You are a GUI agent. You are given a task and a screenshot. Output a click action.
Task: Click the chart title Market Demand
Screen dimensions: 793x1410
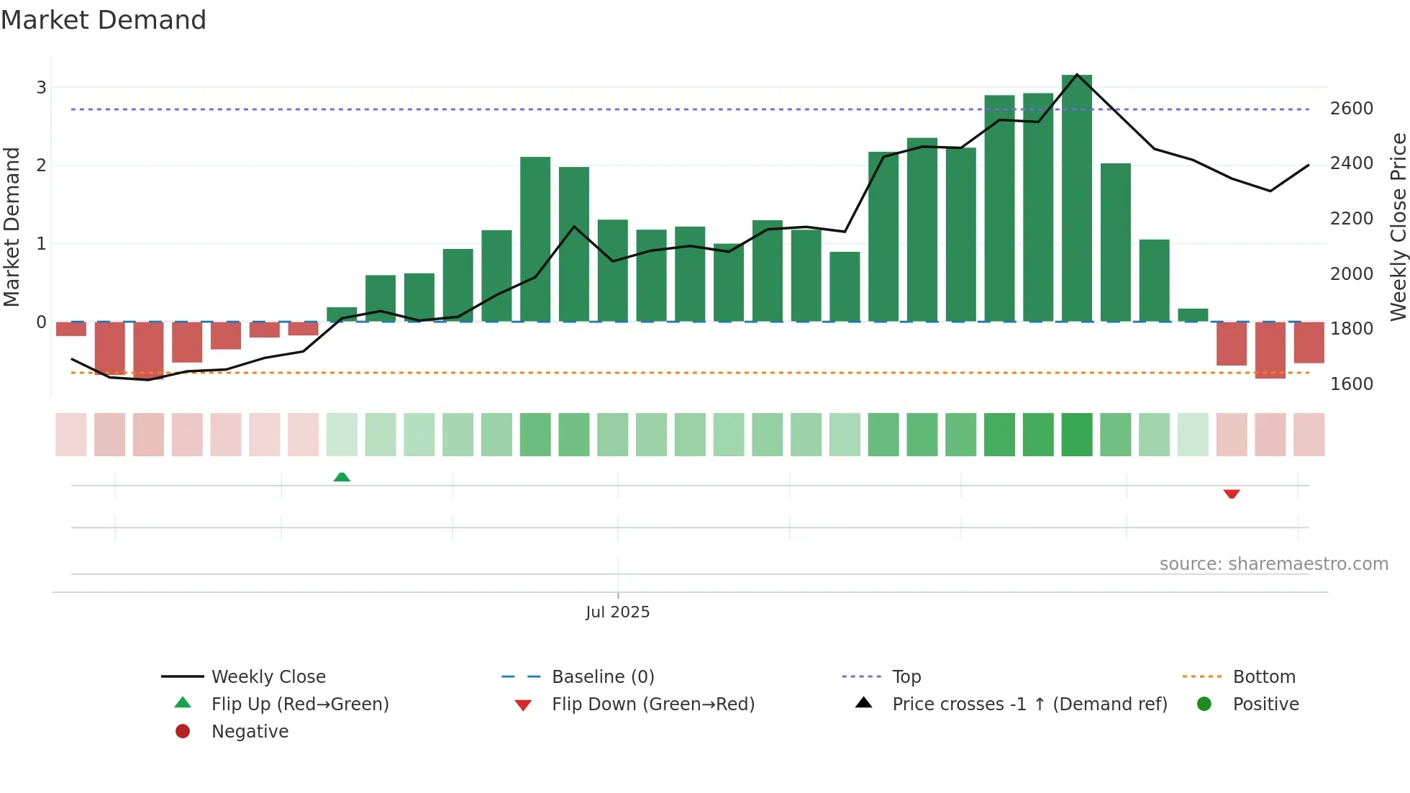104,20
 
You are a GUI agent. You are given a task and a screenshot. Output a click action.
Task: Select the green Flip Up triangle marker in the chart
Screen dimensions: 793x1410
342,477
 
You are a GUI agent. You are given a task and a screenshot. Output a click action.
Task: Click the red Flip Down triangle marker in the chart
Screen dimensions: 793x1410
1231,494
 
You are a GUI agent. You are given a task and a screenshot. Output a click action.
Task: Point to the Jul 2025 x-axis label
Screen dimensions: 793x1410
617,612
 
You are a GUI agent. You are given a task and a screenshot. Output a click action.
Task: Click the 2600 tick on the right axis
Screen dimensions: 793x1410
1351,109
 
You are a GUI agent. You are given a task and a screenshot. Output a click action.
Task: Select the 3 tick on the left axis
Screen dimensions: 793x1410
41,88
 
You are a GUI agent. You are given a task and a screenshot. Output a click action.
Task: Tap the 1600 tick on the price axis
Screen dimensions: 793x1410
1351,384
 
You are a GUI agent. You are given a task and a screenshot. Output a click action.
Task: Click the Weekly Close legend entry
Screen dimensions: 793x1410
268,676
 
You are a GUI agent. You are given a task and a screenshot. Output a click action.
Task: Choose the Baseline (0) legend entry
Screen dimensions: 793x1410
602,676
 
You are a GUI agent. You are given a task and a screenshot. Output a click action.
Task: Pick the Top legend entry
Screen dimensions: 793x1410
906,676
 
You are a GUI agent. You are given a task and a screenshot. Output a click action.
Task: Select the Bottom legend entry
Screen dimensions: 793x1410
1263,676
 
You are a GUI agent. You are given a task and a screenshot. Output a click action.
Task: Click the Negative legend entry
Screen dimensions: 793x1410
249,731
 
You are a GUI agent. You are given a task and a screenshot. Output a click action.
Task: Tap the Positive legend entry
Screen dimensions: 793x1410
1265,704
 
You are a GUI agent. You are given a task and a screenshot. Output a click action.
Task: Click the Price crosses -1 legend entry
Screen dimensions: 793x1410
1029,704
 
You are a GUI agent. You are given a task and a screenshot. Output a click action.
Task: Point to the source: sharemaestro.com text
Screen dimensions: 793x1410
1273,564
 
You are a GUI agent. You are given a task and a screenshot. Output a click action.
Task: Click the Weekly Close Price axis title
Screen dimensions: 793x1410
1398,227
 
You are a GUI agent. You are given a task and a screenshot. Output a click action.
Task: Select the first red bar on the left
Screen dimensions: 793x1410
70,329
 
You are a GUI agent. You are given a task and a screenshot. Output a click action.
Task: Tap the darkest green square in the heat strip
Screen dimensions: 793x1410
1076,435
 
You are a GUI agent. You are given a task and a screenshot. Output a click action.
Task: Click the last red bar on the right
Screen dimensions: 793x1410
1309,343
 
